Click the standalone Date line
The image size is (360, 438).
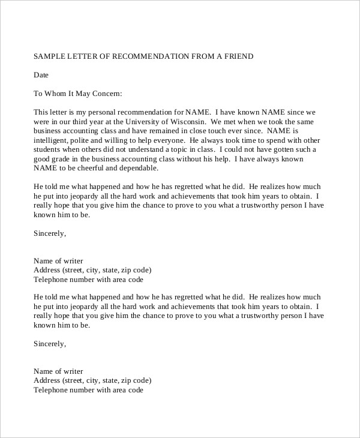pyautogui.click(x=41, y=75)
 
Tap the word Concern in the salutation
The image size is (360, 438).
pyautogui.click(x=106, y=94)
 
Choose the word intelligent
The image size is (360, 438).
pyautogui.click(x=52, y=139)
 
